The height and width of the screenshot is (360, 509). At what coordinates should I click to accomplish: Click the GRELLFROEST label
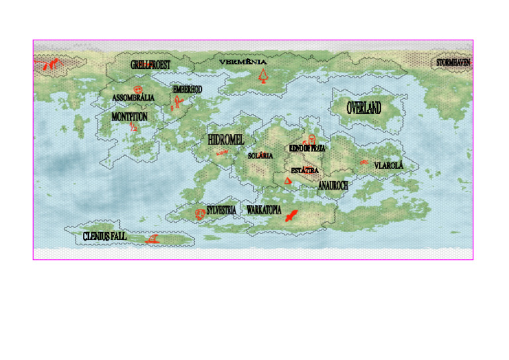150,65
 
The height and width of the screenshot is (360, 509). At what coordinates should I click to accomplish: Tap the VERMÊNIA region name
243,62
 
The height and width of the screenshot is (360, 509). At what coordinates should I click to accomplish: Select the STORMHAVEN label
453,63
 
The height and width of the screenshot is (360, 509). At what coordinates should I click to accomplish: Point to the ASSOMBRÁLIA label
133,98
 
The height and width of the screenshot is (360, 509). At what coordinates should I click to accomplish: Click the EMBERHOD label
188,89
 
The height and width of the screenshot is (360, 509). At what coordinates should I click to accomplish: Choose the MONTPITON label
129,117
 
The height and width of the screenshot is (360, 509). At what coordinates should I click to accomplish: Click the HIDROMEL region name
226,140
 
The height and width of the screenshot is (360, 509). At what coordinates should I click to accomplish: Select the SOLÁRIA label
260,156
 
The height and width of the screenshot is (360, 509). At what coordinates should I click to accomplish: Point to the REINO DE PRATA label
307,149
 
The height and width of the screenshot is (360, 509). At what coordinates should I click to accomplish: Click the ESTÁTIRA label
305,170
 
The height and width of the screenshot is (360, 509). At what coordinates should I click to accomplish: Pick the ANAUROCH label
333,186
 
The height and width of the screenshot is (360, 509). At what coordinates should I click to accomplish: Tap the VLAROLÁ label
388,165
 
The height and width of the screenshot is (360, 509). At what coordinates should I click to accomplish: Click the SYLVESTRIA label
221,210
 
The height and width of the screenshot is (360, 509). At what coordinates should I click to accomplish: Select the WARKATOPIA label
264,210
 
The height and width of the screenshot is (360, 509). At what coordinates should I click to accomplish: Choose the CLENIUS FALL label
105,236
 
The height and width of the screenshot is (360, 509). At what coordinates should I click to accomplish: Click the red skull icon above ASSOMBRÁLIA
137,89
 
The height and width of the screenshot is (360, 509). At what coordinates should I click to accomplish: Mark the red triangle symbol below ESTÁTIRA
288,180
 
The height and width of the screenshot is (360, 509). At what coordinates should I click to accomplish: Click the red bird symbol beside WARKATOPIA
290,215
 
